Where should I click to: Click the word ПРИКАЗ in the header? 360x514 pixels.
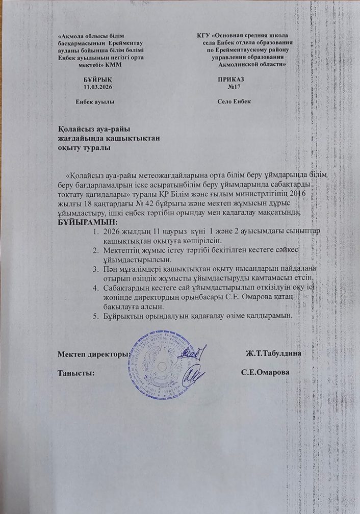(231, 81)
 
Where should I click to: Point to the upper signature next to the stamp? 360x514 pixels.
(194, 351)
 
